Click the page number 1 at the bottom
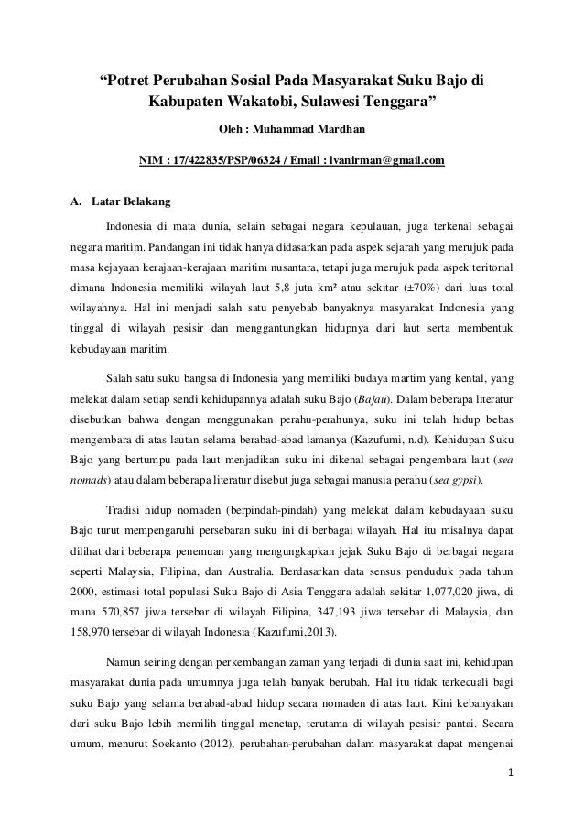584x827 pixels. (x=514, y=807)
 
